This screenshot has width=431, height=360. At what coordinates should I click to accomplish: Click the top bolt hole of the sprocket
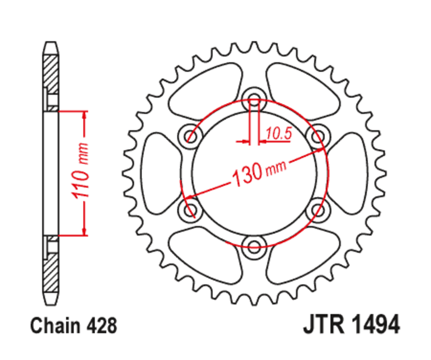254,101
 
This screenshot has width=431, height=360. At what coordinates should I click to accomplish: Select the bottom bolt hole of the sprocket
254,247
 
